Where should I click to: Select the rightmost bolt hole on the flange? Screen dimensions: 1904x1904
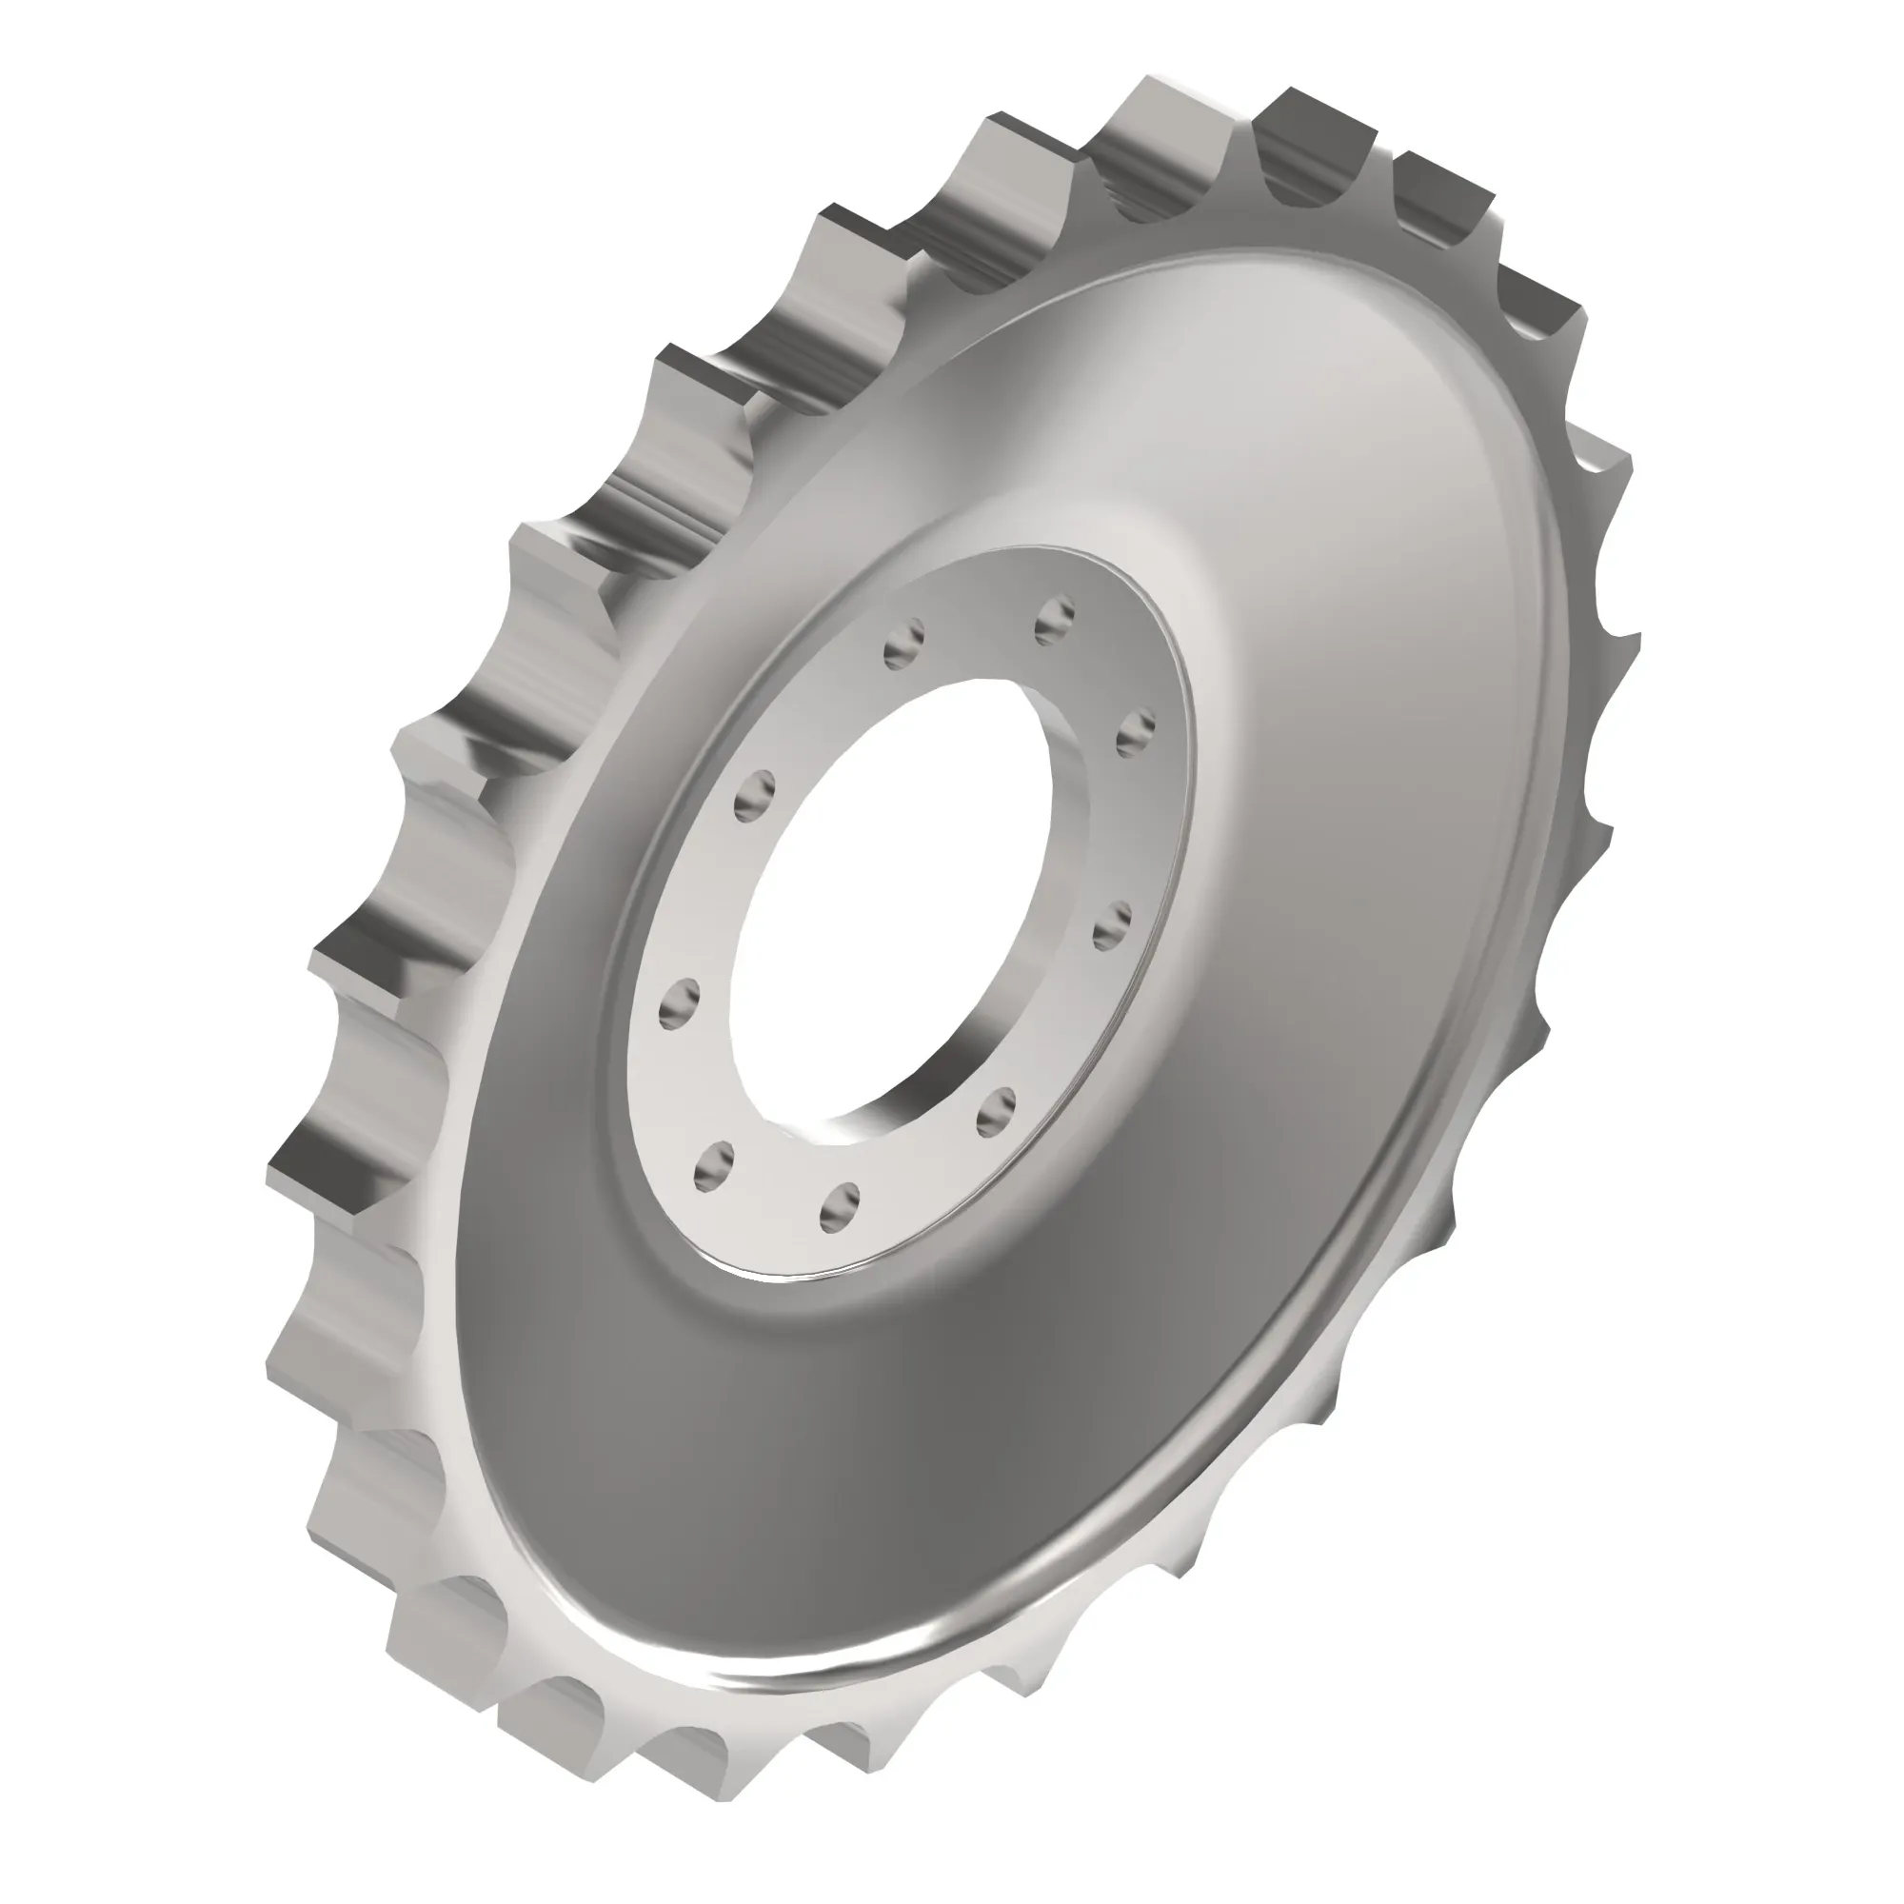click(1136, 730)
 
